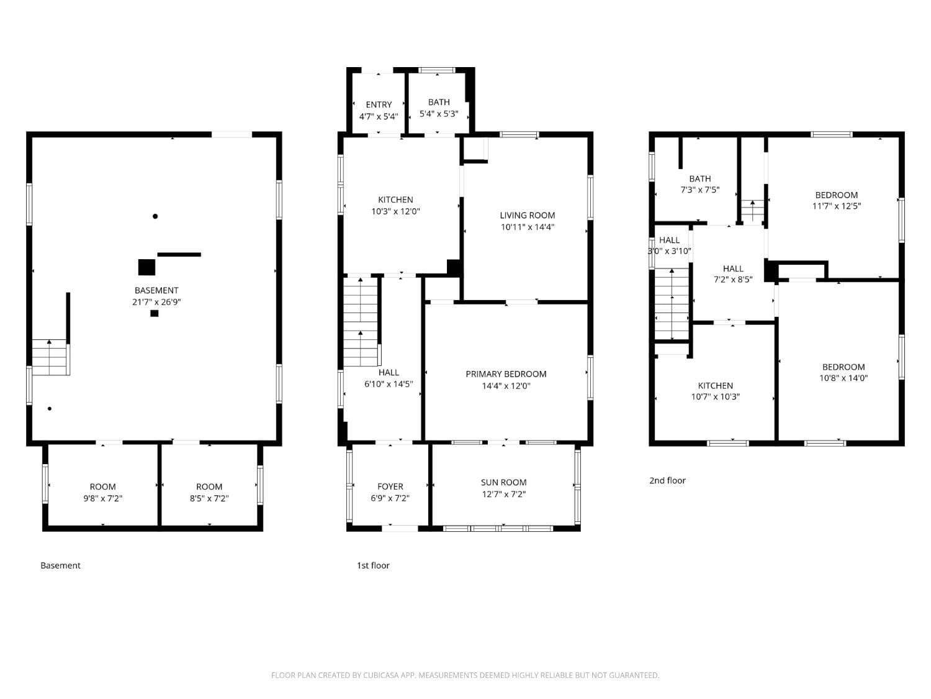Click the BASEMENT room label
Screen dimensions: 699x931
tap(156, 290)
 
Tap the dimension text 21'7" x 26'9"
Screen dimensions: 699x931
tap(156, 302)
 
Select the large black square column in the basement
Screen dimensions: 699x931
tap(146, 267)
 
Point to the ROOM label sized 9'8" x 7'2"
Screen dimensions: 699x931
tap(102, 487)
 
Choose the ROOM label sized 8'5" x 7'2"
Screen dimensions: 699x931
tap(209, 487)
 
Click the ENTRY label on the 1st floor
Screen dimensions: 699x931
tap(379, 104)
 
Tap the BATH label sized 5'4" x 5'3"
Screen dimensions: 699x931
tap(439, 102)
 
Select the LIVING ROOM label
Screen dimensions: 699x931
tap(527, 215)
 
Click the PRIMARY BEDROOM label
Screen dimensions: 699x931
tap(506, 374)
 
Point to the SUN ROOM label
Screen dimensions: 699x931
tap(503, 482)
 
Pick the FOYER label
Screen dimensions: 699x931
tap(390, 487)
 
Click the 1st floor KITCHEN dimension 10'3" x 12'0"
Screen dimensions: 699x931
tap(395, 211)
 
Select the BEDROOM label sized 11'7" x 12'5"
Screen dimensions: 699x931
tap(836, 194)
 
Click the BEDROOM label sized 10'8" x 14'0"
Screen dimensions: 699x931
tap(843, 367)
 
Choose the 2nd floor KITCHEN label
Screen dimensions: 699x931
tap(715, 385)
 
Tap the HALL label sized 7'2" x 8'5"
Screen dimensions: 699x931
tap(733, 268)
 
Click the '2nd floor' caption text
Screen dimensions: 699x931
tap(667, 480)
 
